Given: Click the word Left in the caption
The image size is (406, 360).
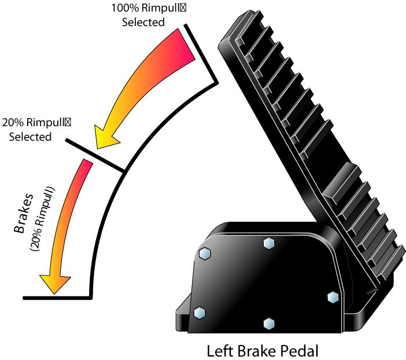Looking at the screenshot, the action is tap(220, 351).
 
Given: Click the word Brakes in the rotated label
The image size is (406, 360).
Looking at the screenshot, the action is tap(23, 213).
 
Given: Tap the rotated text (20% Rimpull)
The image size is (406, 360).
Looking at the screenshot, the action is tap(42, 218).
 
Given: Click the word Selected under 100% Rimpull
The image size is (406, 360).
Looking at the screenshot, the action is tap(143, 22).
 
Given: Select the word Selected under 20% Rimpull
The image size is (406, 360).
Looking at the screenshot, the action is tap(30, 137).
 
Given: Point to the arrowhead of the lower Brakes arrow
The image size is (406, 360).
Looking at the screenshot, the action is tap(55, 283).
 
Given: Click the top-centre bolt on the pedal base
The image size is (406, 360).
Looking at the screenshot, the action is tap(269, 243).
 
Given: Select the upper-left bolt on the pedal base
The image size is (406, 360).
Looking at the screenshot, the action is tap(205, 254).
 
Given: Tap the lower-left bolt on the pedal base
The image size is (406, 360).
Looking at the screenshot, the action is tap(200, 313).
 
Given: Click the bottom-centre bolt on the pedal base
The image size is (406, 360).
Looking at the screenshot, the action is tap(269, 324).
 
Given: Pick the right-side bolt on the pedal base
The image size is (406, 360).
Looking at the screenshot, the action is tap(333, 297).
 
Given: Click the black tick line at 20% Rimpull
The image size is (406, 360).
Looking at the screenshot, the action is tap(95, 155).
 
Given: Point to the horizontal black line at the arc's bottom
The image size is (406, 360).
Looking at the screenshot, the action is tap(57, 298).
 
